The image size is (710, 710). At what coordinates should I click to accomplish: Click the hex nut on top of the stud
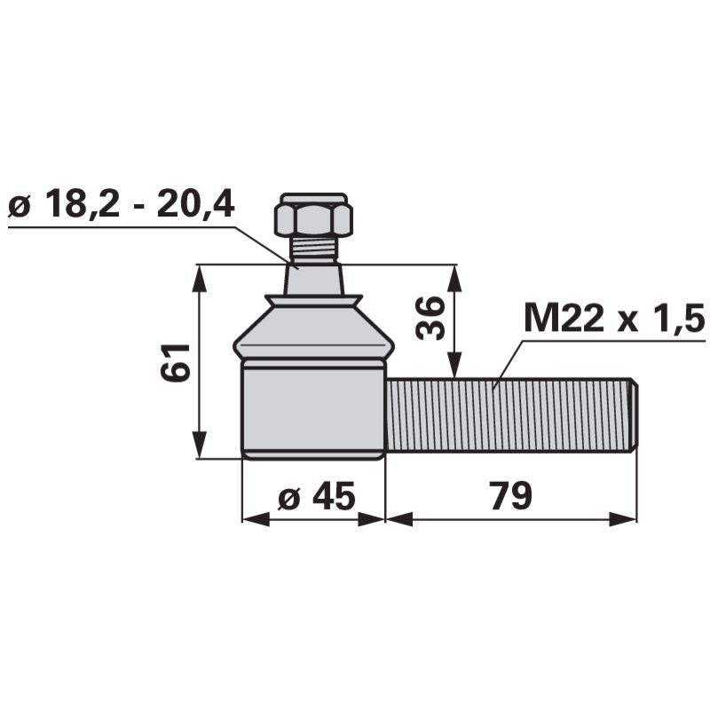pos(313,215)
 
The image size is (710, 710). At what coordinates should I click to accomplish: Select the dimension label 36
pos(429,318)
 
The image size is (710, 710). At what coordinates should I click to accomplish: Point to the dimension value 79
pos(511,495)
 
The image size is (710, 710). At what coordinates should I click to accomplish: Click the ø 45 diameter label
pos(317,495)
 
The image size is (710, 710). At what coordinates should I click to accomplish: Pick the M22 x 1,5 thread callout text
pos(614,318)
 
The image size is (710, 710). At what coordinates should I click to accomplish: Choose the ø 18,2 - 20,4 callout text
pos(122,203)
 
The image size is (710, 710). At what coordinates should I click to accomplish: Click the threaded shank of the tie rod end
pos(512,414)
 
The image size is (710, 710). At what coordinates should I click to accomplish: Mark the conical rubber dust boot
pos(313,326)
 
